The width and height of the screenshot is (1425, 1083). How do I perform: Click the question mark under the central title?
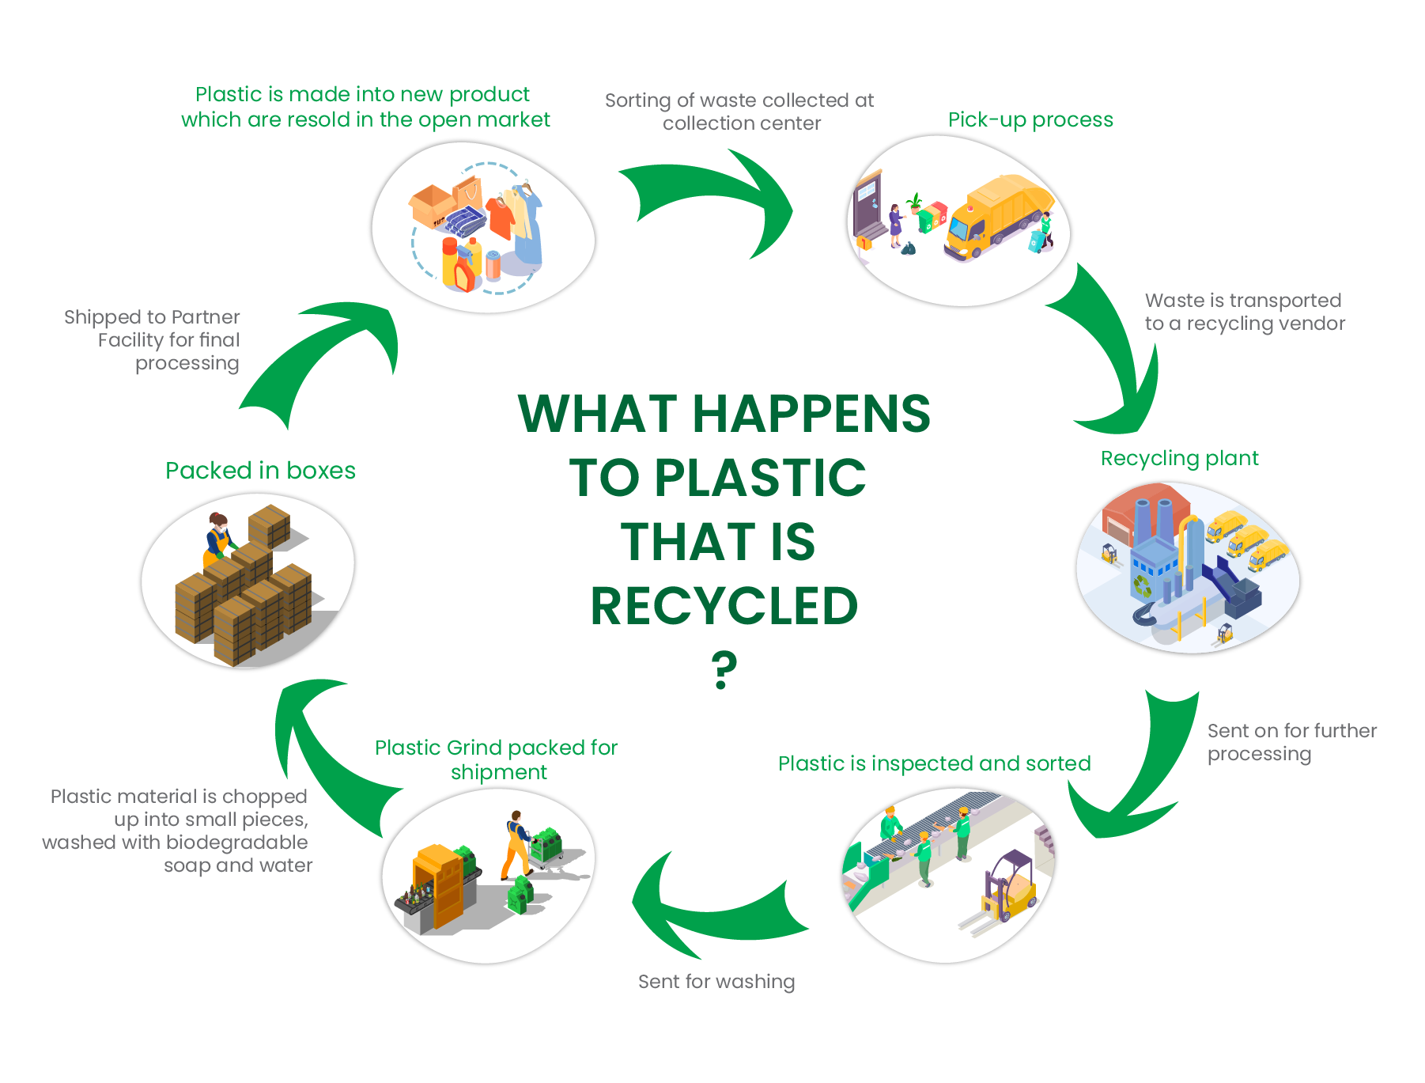[724, 669]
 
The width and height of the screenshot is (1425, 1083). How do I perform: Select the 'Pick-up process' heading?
[1030, 119]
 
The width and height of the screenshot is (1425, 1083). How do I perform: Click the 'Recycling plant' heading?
[1179, 458]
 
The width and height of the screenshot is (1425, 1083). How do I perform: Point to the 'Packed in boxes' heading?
[260, 471]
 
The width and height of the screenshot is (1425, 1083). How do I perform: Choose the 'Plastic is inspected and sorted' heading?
[934, 763]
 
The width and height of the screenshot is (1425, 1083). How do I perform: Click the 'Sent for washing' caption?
[716, 982]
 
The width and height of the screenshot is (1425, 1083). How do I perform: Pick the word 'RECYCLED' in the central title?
[724, 606]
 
